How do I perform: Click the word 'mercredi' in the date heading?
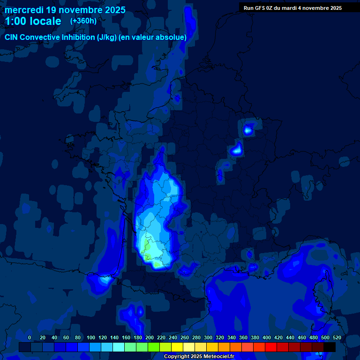click(24, 10)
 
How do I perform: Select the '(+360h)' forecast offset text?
click(83, 21)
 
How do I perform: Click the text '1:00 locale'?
click(33, 21)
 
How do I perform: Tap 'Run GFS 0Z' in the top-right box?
click(259, 8)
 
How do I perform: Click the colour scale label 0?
click(30, 337)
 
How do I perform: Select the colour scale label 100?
click(91, 337)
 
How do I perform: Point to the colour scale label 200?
click(150, 337)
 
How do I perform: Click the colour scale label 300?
click(208, 337)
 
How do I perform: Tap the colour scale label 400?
click(267, 337)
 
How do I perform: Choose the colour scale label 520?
click(337, 337)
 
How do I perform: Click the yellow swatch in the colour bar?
click(177, 347)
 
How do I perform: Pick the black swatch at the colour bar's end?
click(330, 347)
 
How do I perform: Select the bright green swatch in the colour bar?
click(154, 347)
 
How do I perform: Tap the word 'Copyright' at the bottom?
click(177, 357)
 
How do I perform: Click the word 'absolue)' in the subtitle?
click(172, 37)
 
